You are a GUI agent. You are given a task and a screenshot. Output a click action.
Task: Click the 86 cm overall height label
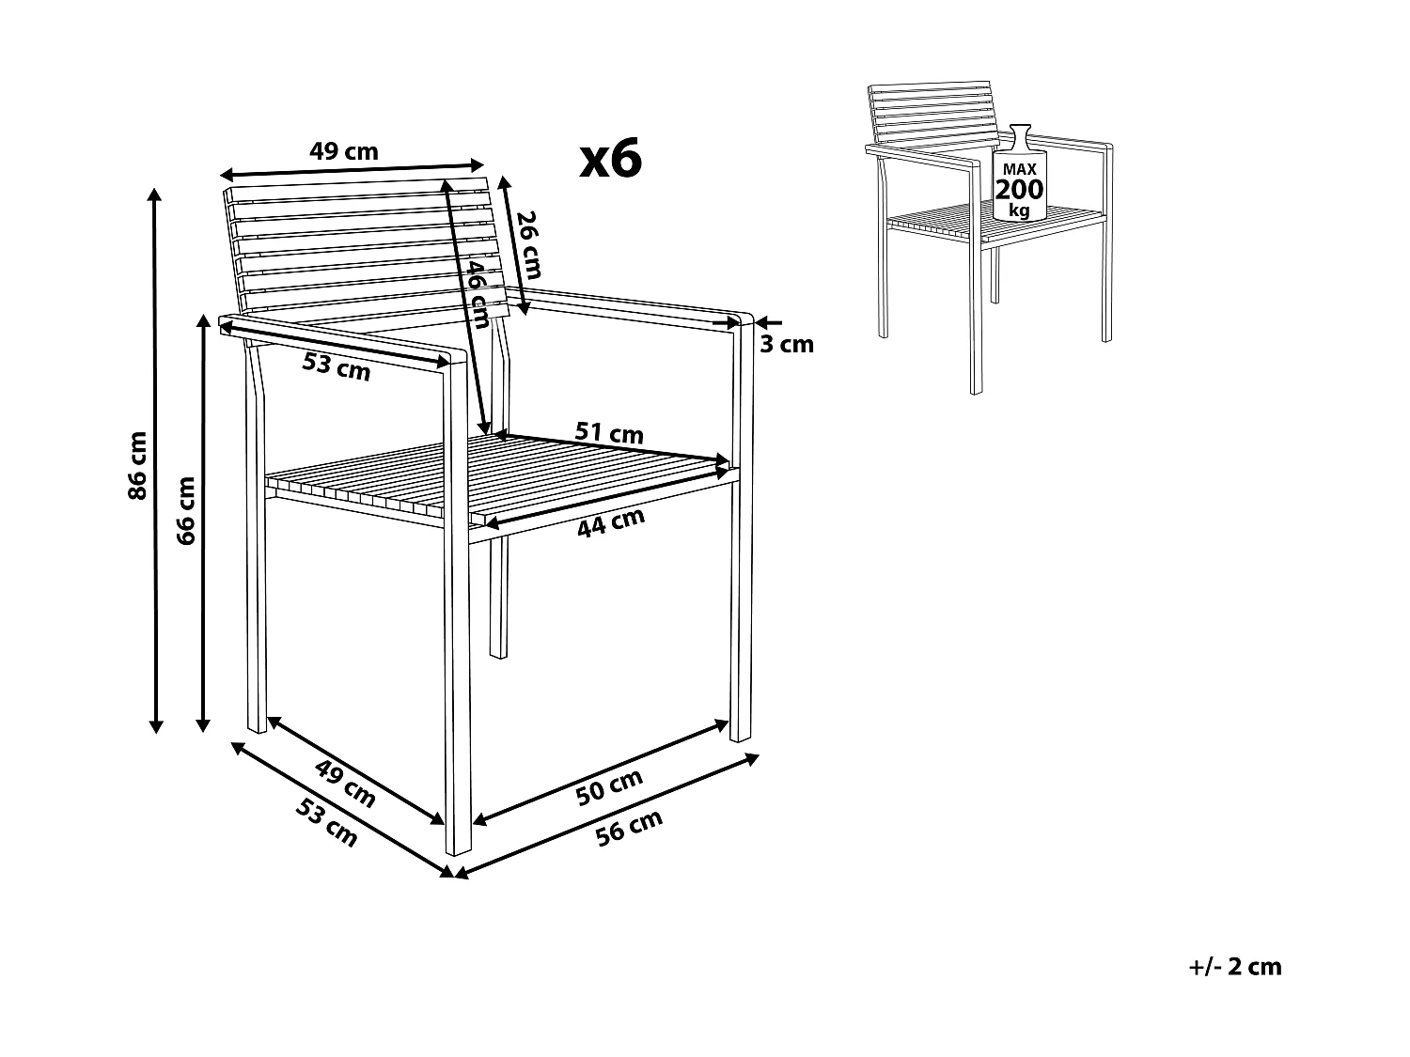(138, 466)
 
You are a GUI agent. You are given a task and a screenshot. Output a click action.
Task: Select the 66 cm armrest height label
(185, 511)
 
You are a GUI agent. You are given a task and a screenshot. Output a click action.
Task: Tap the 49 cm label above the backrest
(344, 151)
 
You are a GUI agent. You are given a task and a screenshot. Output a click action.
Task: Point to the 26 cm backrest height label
(529, 245)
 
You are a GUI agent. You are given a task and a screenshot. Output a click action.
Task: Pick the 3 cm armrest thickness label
(787, 345)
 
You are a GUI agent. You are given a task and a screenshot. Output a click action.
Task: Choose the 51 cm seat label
(609, 432)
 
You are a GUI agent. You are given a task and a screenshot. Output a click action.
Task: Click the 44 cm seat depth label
(611, 523)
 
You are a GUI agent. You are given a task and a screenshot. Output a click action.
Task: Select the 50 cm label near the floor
(609, 786)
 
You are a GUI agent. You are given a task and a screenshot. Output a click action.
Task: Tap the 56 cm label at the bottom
(629, 828)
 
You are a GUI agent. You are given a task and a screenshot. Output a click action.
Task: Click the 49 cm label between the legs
(345, 783)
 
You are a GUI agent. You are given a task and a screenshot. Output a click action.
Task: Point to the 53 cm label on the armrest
(337, 367)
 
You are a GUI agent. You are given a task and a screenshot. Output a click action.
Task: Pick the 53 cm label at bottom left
(326, 823)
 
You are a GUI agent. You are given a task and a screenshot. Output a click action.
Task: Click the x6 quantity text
(610, 158)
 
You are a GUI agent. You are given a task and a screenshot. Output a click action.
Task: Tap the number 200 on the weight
(1020, 190)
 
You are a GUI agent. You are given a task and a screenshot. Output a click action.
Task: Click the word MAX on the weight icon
(1020, 169)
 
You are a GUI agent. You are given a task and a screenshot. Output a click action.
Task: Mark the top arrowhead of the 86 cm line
(154, 195)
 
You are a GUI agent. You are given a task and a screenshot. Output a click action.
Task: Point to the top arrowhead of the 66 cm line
(204, 321)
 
